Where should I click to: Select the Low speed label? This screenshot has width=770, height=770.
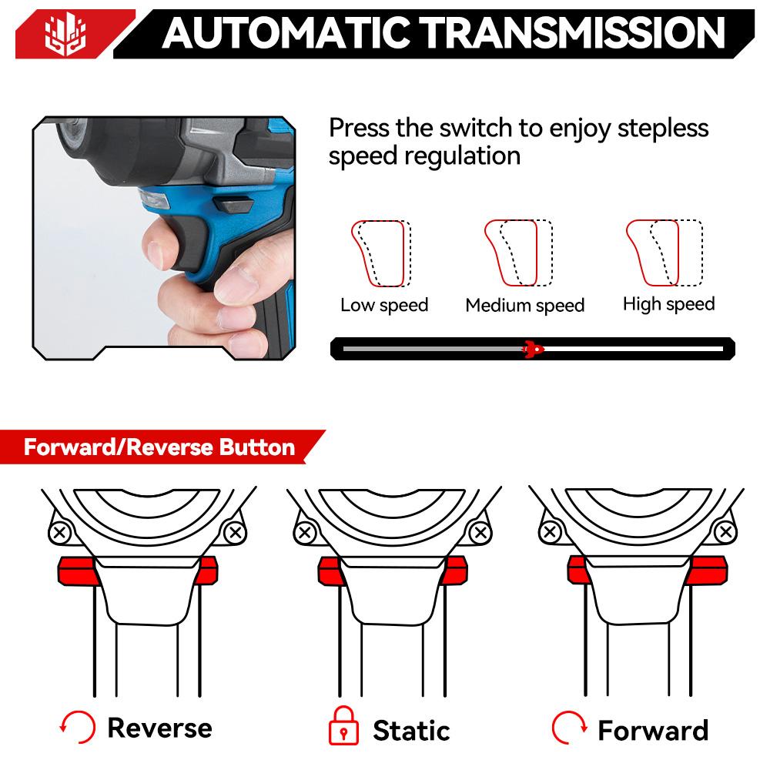pos(384,305)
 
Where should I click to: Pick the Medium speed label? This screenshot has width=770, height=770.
pos(525,306)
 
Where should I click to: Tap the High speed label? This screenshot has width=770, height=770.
pos(668,304)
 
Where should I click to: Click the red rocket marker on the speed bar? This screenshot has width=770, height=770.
pos(532,349)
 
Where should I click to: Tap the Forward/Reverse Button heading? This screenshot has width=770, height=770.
pos(159,447)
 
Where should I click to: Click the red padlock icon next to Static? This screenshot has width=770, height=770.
pos(344,728)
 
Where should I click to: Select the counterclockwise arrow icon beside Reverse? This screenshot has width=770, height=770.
pos(77,727)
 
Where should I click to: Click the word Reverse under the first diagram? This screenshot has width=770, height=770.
pos(159,727)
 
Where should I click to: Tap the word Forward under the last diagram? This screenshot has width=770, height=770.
pos(653,728)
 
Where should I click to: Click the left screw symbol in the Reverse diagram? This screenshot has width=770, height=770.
pos(60,532)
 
